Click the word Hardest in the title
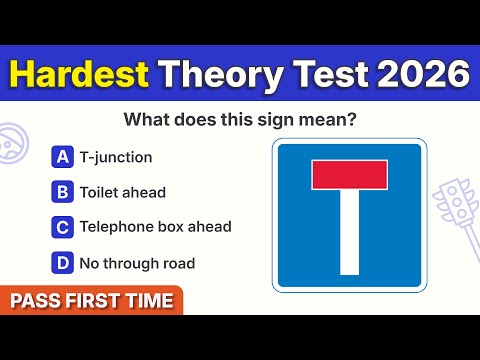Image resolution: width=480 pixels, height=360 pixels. [x=80, y=74]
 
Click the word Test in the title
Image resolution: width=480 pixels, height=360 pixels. [x=319, y=74]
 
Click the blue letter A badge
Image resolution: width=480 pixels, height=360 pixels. [x=63, y=156]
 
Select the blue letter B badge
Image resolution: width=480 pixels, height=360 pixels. [x=63, y=191]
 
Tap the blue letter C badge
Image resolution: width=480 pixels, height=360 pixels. [x=63, y=227]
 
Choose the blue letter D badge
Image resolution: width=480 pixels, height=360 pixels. [x=63, y=263]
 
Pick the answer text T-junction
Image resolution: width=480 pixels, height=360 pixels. [x=116, y=156]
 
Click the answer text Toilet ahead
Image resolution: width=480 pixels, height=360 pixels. [x=123, y=191]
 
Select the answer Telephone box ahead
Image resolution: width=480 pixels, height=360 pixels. [x=155, y=227]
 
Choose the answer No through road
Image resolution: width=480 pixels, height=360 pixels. [x=137, y=263]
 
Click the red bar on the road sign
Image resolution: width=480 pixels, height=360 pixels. [x=349, y=176]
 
